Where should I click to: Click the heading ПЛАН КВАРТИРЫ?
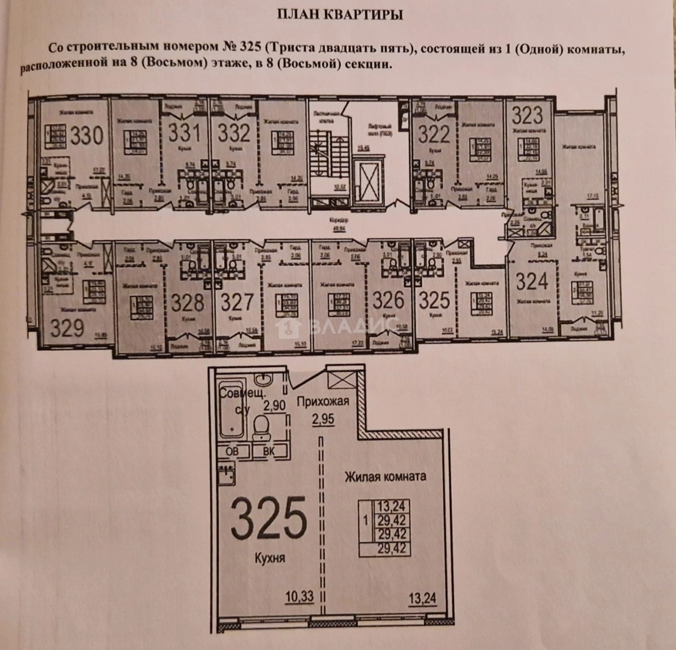(x=339, y=15)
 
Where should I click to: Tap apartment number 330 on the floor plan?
(x=87, y=136)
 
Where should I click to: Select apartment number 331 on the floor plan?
(x=184, y=132)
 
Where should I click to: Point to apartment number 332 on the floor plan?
(x=233, y=132)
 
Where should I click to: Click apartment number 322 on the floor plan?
(x=434, y=133)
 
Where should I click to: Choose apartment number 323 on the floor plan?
(x=527, y=116)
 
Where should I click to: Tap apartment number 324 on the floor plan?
(x=532, y=281)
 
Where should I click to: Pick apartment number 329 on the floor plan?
(x=67, y=327)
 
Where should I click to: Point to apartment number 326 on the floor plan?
(x=388, y=299)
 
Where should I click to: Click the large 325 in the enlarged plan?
(x=268, y=518)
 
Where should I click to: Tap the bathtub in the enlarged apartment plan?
(x=231, y=410)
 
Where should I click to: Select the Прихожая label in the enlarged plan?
(x=322, y=401)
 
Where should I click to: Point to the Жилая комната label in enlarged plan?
(x=385, y=476)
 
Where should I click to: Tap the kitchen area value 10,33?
(x=300, y=596)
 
